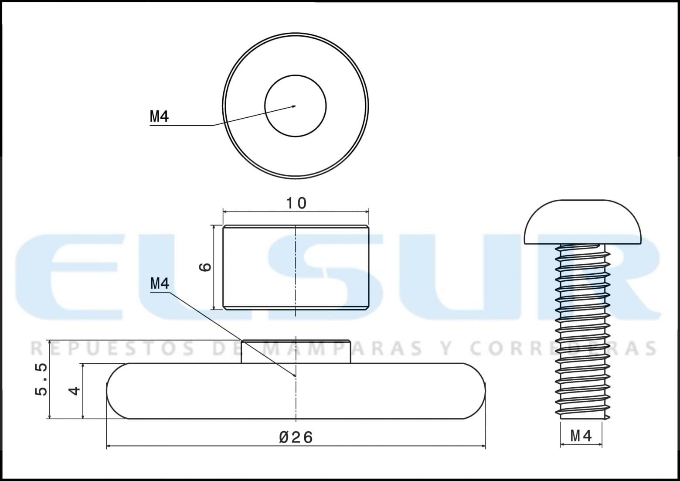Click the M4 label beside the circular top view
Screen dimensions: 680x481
click(x=159, y=116)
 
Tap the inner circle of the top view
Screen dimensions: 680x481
click(x=296, y=75)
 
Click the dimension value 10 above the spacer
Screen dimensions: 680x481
click(x=296, y=203)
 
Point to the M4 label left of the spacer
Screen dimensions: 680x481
click(x=160, y=283)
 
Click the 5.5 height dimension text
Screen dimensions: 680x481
click(x=41, y=379)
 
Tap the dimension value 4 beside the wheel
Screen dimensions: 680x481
click(x=75, y=390)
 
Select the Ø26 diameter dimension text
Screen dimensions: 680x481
click(x=296, y=437)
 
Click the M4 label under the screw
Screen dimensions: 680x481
click(x=581, y=437)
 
